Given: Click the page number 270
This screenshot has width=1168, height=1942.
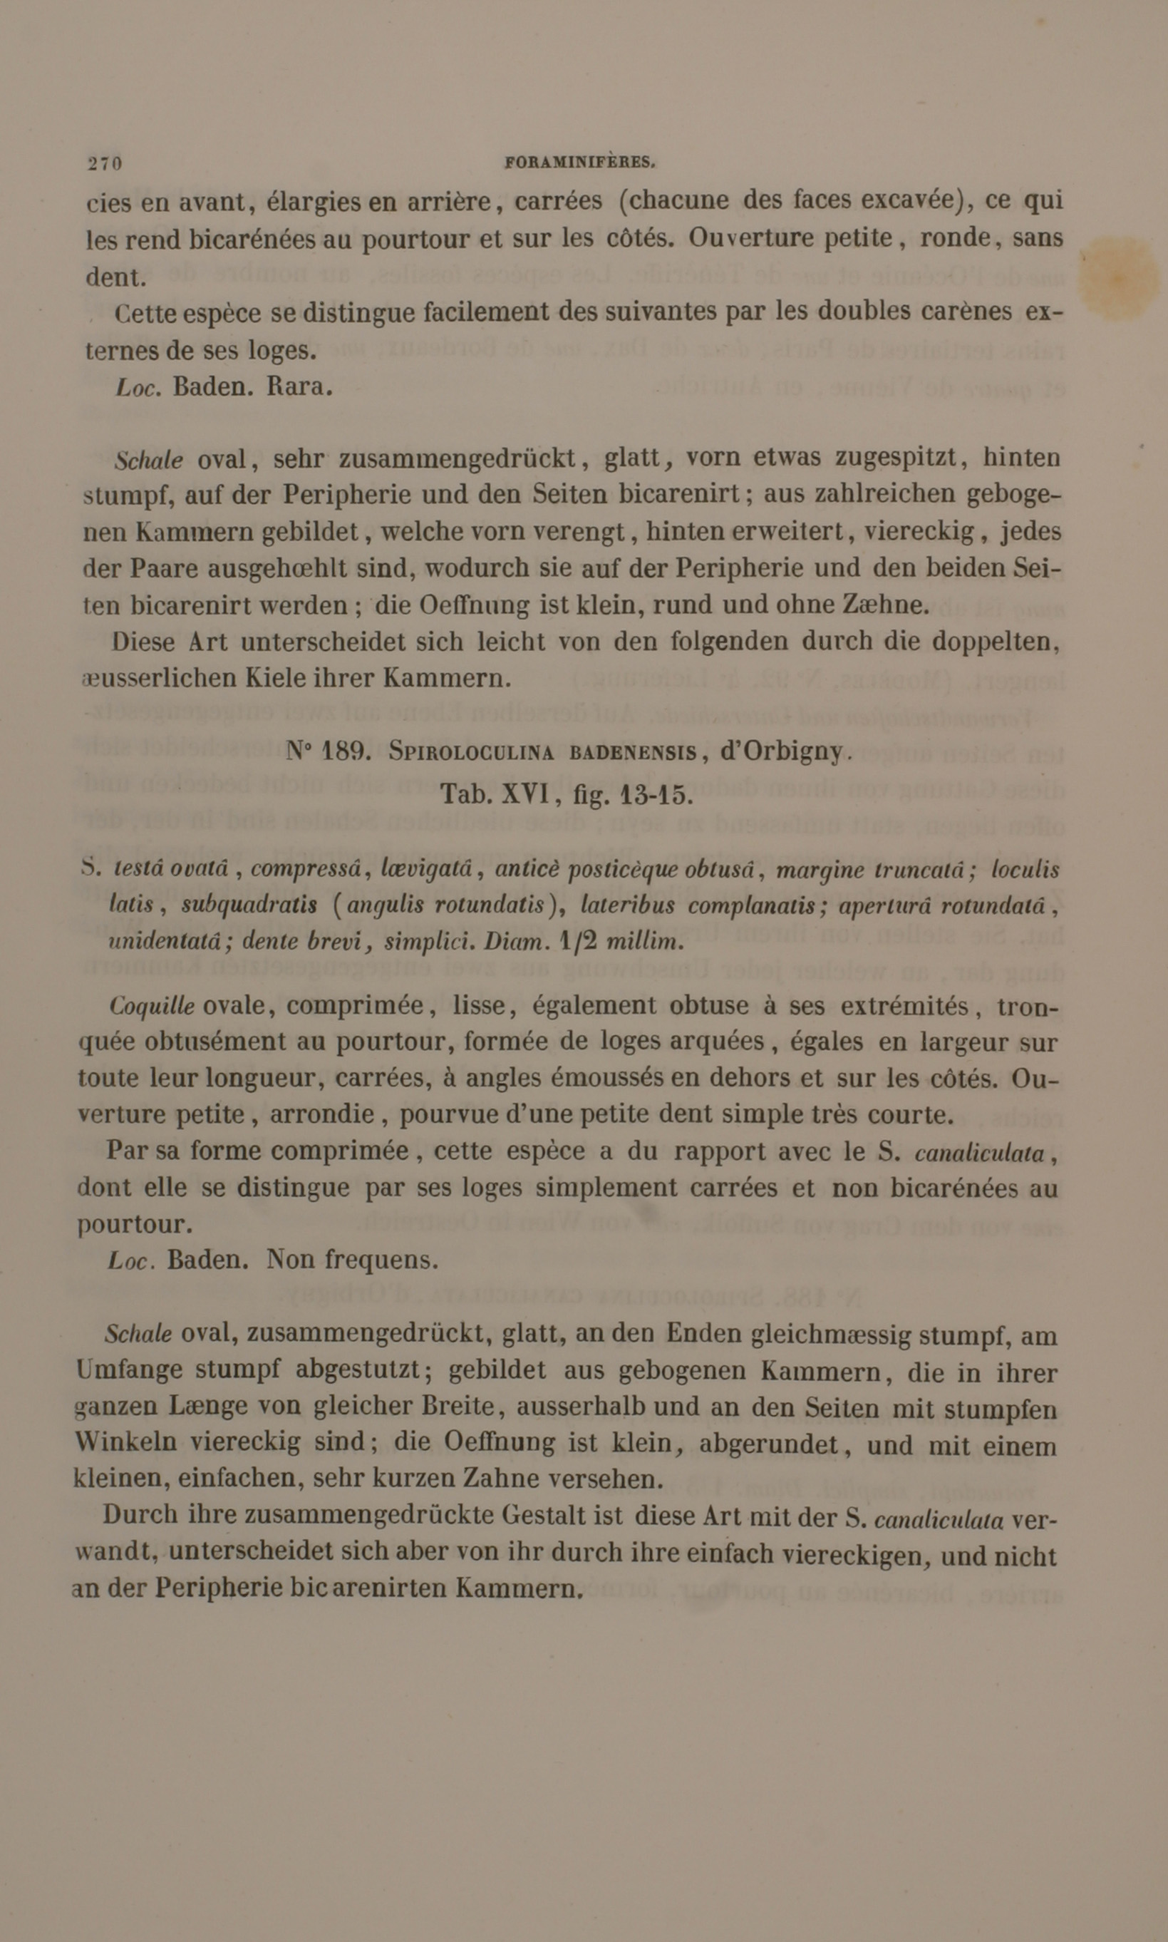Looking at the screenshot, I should (x=105, y=164).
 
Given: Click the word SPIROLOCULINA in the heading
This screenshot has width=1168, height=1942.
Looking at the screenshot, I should (x=472, y=753).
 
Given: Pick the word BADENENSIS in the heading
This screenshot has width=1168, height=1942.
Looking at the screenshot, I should (x=634, y=753).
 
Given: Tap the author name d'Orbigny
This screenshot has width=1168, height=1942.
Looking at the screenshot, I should (x=782, y=751).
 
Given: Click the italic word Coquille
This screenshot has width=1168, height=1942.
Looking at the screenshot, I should (x=152, y=1007).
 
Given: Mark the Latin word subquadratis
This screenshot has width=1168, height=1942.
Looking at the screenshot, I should (x=249, y=905).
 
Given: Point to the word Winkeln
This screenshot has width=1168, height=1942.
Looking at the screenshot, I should (x=126, y=1442).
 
